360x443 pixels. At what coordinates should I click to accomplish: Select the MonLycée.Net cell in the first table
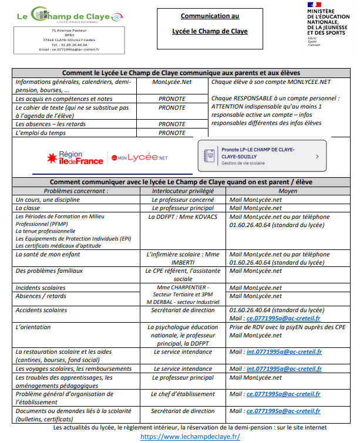pyautogui.click(x=171, y=82)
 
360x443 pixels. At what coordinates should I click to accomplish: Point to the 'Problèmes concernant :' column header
pyautogui.click(x=76, y=191)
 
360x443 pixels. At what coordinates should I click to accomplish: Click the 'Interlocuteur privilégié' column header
pyautogui.click(x=183, y=191)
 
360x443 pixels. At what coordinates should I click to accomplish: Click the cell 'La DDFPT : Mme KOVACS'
pyautogui.click(x=183, y=217)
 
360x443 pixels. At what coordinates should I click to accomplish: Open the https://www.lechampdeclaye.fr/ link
pyautogui.click(x=191, y=437)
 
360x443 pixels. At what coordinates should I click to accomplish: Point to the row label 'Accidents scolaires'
pyautogui.click(x=42, y=309)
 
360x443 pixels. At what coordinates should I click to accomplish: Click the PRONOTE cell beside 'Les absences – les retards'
pyautogui.click(x=171, y=124)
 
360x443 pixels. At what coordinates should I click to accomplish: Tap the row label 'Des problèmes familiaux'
pyautogui.click(x=49, y=271)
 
